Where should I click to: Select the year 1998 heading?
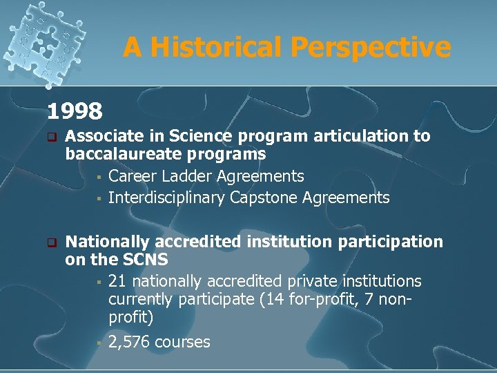[75, 110]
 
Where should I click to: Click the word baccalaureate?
[129, 153]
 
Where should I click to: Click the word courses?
[182, 342]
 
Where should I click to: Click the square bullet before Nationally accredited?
[50, 243]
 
